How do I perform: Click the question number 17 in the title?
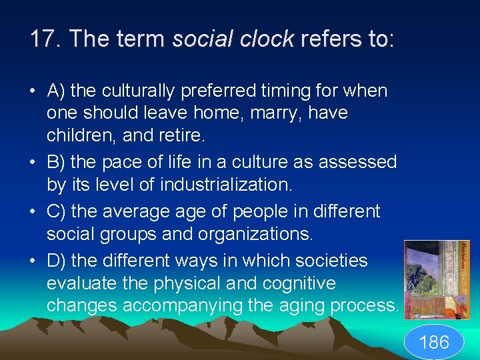pos(43,39)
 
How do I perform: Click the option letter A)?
pos(55,90)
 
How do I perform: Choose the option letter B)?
pos(55,163)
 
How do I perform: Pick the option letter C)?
pos(56,211)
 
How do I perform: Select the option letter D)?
pos(56,260)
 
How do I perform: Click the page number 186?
pos(434,343)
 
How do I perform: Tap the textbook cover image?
pos(437,280)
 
